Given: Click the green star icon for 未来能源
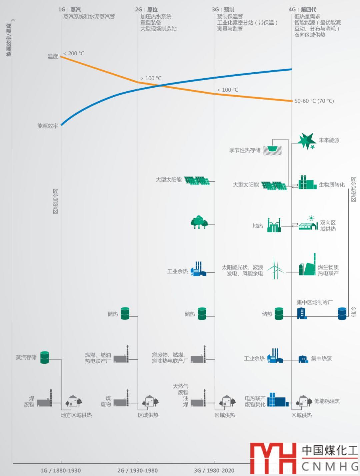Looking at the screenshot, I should [306, 141].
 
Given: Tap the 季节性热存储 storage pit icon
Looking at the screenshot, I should [272, 150].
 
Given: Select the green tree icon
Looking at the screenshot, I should [199, 222].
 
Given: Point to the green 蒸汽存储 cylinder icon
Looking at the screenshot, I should [45, 357].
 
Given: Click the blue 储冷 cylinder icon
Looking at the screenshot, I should [342, 313].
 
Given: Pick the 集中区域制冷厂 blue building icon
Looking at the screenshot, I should [302, 313].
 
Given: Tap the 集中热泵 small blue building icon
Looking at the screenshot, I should [303, 359].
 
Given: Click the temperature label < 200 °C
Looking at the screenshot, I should [74, 53].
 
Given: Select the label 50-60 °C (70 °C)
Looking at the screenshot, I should [314, 101].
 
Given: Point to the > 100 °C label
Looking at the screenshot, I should [151, 78].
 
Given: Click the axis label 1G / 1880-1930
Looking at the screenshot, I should [61, 470].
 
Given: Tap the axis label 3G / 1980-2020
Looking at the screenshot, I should [214, 470].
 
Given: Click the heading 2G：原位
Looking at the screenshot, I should [146, 10].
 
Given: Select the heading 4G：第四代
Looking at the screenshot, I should [302, 10].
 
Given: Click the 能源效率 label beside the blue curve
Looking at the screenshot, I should [48, 126].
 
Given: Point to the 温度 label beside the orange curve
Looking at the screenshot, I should [53, 57].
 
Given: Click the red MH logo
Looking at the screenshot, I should [273, 458].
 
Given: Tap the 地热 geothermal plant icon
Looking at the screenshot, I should [274, 226].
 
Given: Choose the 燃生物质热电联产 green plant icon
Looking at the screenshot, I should [307, 265].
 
